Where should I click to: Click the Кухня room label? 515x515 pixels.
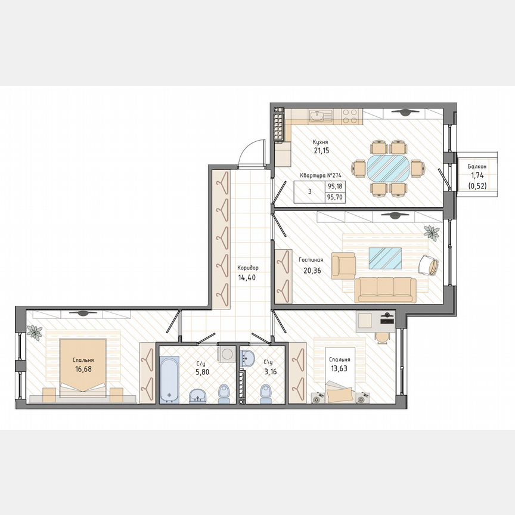pos(321,142)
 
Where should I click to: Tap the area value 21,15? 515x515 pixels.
pos(321,151)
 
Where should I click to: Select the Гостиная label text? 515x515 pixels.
pos(311,260)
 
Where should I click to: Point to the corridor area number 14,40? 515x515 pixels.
pos(247,277)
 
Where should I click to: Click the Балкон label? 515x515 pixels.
pos(477,167)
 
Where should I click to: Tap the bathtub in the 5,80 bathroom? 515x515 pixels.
pos(169,379)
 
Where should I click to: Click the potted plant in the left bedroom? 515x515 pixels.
pos(35,333)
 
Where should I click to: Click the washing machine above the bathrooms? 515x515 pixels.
pos(227,353)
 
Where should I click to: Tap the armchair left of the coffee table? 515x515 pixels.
pos(343,265)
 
